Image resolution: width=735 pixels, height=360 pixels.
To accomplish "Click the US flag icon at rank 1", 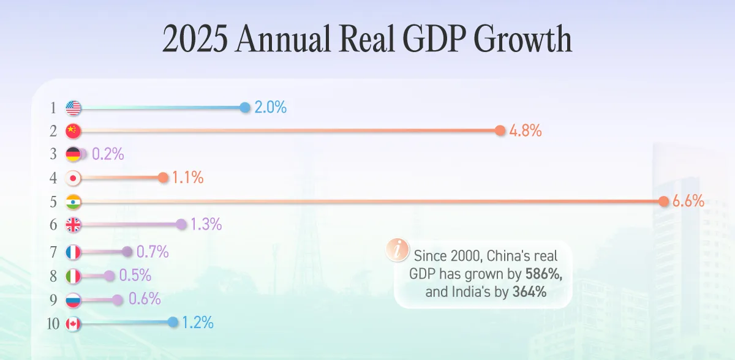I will [73, 108].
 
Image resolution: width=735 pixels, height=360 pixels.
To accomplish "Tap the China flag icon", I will [73, 130].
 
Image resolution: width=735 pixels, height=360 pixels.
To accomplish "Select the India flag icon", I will [73, 201].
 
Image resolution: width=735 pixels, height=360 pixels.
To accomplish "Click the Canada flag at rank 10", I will [73, 324].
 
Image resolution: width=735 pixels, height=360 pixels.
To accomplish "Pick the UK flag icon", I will [73, 225].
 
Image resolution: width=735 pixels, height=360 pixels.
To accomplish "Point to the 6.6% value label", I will [688, 201].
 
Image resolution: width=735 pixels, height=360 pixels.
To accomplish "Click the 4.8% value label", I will [525, 130].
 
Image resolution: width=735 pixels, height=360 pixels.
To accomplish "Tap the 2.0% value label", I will [270, 108].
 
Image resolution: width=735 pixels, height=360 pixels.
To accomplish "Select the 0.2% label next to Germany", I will [108, 154].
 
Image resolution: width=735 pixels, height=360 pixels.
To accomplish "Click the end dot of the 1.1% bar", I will [162, 178].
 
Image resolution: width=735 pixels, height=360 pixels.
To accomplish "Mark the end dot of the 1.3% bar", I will [181, 225].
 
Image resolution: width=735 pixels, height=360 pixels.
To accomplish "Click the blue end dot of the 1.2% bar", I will [173, 322].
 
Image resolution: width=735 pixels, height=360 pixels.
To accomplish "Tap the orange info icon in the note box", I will [398, 249].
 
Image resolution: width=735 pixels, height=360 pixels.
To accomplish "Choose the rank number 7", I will [53, 252].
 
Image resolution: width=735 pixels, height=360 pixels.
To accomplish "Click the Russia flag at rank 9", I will [73, 300].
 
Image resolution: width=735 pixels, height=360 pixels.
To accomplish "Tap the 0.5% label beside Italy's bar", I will [135, 276].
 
